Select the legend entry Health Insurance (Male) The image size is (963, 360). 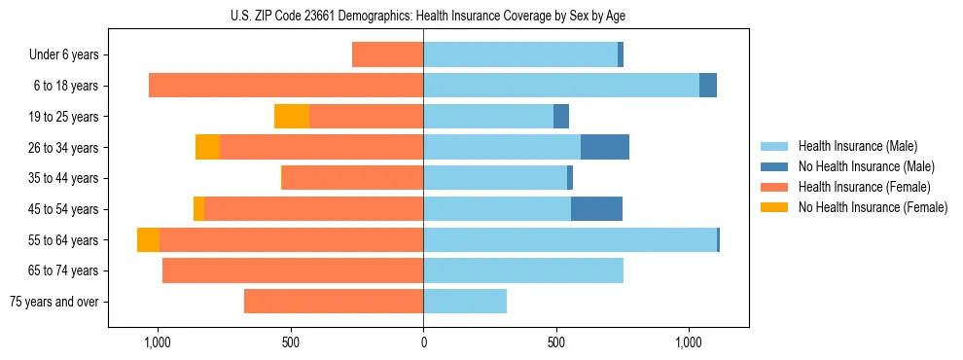858,146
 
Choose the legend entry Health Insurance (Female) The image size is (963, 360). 865,187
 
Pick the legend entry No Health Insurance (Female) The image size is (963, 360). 873,207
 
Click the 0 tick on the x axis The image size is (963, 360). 423,343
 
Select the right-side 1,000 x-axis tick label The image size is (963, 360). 688,343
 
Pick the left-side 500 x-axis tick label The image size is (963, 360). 290,343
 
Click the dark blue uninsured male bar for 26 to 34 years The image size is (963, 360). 604,147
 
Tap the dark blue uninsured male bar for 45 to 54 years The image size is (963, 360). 596,209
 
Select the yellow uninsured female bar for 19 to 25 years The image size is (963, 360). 292,117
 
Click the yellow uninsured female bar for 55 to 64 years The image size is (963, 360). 148,240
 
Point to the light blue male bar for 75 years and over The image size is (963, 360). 465,302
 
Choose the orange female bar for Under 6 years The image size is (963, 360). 387,55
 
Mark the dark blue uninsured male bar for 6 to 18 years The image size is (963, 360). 708,86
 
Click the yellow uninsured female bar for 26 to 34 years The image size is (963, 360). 207,147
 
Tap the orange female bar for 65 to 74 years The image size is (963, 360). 292,270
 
